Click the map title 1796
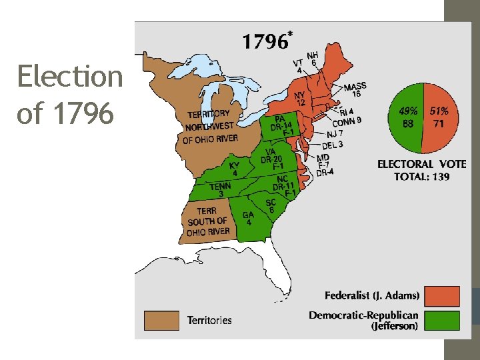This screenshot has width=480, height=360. (x=265, y=42)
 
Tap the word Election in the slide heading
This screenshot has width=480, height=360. (x=70, y=77)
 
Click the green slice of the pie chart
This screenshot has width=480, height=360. (x=406, y=118)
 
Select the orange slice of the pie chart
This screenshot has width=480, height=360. (x=438, y=118)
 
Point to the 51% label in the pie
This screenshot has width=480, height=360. (x=439, y=111)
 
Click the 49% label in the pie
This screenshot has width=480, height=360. (x=408, y=111)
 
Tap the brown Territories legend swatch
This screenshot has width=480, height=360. (x=162, y=320)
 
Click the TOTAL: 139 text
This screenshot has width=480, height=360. (x=421, y=177)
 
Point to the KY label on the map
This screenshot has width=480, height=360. (x=234, y=166)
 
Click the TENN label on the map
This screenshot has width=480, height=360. (x=221, y=187)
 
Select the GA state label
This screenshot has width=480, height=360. (x=248, y=215)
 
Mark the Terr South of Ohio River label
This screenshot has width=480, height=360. (x=208, y=221)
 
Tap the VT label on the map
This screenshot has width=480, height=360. (x=297, y=63)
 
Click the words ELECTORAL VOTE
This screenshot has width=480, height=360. (x=421, y=164)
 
